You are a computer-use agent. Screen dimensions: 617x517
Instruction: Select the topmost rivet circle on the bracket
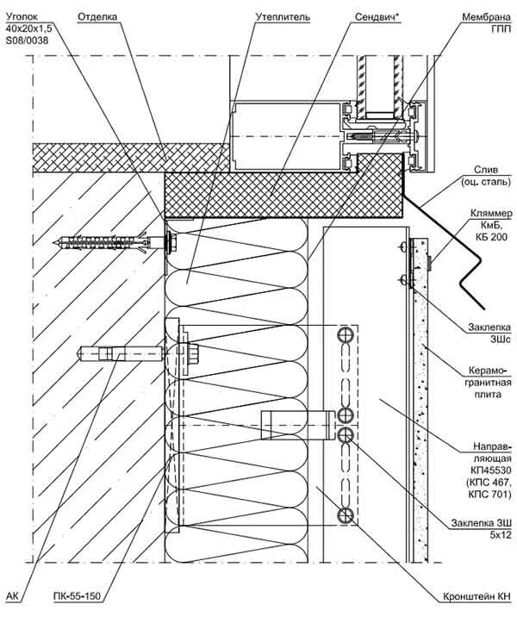tap(345, 334)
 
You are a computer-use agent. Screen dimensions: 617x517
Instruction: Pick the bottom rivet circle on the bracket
tap(345, 514)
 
